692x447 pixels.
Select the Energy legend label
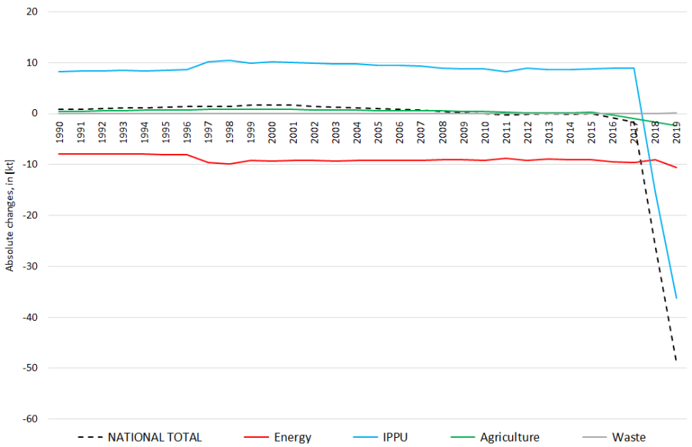click(x=293, y=437)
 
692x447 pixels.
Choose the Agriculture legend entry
click(x=509, y=437)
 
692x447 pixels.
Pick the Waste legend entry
click(x=628, y=437)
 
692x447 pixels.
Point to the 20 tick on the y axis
click(x=32, y=12)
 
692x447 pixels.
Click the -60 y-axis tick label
click(x=31, y=419)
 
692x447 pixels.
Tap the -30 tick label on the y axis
click(x=31, y=266)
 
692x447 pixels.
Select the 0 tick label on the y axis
click(x=35, y=113)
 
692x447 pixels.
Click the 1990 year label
click(x=60, y=128)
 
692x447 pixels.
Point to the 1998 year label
click(x=230, y=128)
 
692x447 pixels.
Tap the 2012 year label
click(x=527, y=128)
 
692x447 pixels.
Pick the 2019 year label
click(x=676, y=128)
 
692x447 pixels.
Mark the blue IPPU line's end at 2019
click(x=676, y=298)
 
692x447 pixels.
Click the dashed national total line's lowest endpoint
click(x=676, y=360)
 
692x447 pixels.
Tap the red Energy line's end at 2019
click(x=676, y=167)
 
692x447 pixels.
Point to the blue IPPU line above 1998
click(x=230, y=60)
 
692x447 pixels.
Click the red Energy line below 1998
click(x=230, y=164)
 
